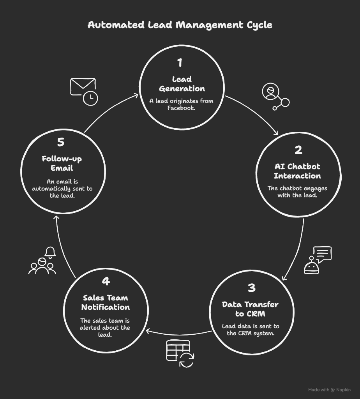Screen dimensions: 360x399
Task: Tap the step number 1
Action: click(x=180, y=63)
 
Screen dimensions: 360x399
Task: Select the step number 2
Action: click(x=298, y=150)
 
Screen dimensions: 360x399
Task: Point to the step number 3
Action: click(x=251, y=288)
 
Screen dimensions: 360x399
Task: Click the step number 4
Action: click(x=106, y=281)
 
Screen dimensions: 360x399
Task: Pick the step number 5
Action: click(x=61, y=142)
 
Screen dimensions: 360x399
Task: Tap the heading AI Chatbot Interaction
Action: click(x=297, y=171)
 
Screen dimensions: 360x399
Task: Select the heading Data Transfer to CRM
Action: click(x=251, y=309)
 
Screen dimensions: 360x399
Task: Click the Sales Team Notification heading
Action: click(x=106, y=302)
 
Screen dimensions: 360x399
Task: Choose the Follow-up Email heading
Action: click(x=62, y=163)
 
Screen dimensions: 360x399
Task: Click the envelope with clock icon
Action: click(x=84, y=92)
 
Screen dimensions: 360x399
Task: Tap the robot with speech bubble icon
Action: click(x=318, y=260)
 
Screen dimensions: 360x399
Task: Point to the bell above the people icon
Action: click(x=50, y=252)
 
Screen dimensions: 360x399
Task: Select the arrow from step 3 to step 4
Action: click(x=178, y=334)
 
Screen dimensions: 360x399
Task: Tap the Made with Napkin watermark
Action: click(x=329, y=390)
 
